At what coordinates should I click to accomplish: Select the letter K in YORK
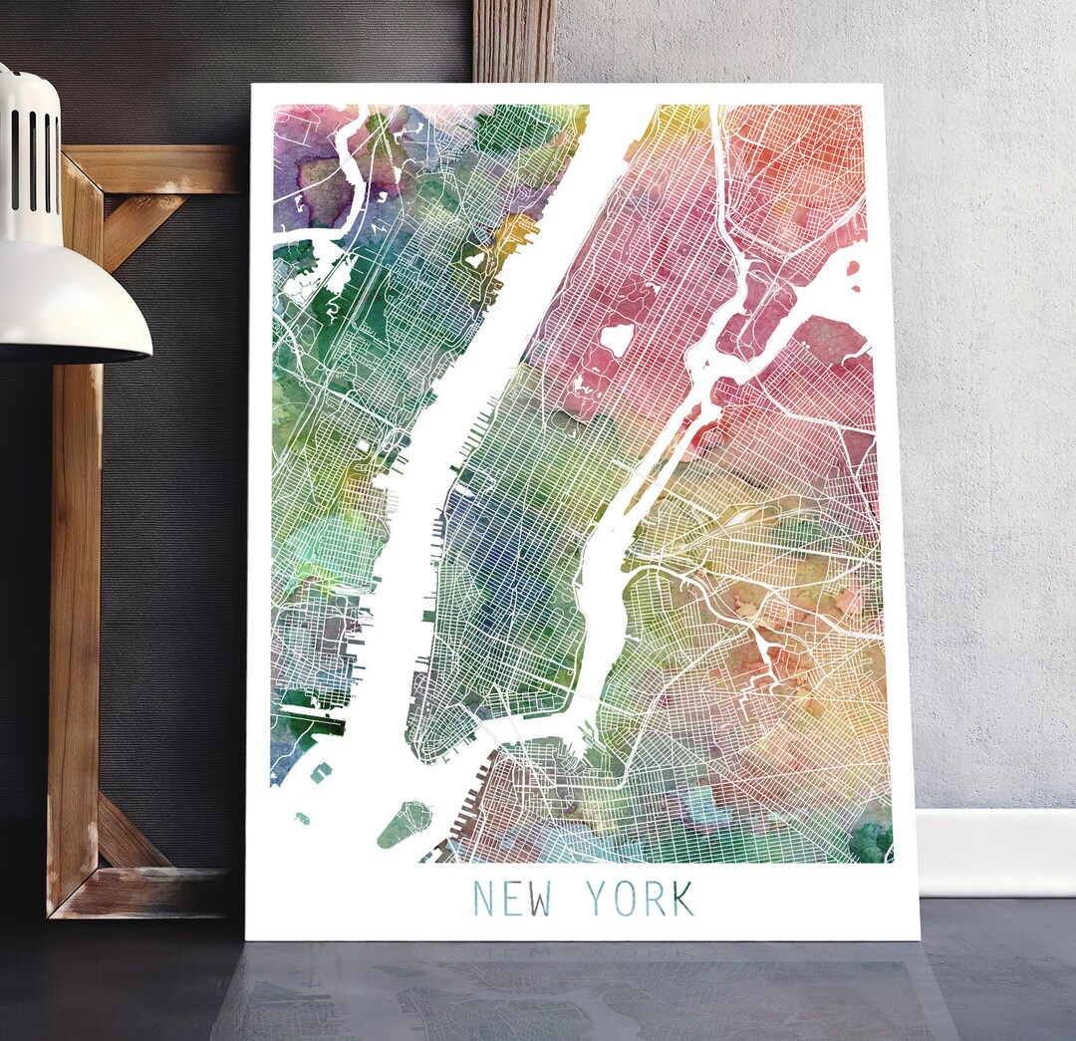(x=682, y=899)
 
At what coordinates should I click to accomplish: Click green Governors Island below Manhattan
(x=403, y=824)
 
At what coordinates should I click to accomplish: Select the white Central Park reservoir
(x=617, y=340)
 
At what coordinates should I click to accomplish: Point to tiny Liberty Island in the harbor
(x=302, y=819)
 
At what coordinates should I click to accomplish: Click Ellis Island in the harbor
(x=322, y=772)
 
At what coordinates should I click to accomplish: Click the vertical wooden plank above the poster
(x=514, y=41)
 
